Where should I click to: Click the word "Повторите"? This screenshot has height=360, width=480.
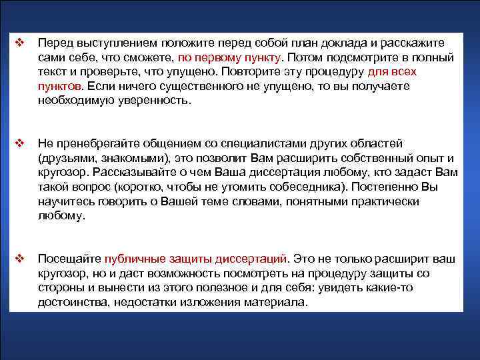tap(253, 71)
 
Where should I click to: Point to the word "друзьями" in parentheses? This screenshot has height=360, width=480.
tap(69, 157)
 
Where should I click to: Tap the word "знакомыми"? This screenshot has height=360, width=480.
tap(133, 157)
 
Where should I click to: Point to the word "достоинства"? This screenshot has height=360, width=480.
tap(73, 302)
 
